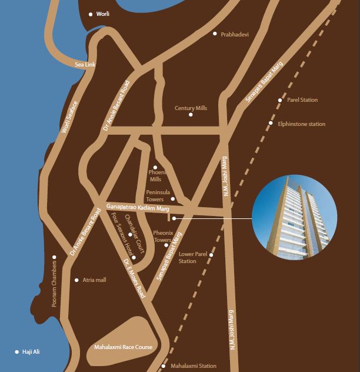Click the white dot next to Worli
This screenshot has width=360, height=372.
91,14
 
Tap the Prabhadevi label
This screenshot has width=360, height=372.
234,35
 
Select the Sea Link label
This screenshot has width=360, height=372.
85,65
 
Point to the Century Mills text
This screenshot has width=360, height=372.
191,108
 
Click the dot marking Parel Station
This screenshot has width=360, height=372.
280,100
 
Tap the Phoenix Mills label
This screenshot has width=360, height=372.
156,175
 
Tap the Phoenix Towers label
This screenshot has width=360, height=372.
162,237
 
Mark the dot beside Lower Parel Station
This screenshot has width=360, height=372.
211,255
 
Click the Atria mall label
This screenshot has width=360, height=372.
94,280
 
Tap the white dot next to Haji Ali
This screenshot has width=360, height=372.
16,352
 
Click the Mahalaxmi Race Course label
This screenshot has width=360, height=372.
123,347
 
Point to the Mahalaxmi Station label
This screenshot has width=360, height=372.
193,366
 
